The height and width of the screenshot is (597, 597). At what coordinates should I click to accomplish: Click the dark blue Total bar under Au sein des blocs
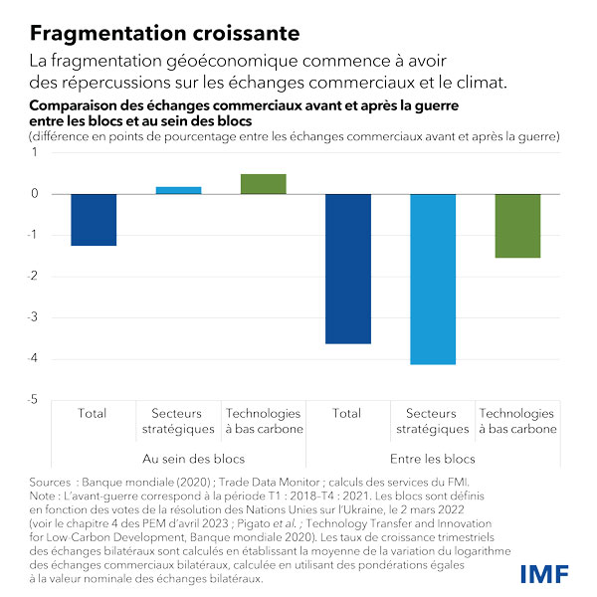pyautogui.click(x=95, y=220)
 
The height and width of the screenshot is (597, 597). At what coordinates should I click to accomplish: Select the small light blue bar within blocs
pyautogui.click(x=179, y=190)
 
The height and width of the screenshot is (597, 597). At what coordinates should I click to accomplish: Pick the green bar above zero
pyautogui.click(x=263, y=184)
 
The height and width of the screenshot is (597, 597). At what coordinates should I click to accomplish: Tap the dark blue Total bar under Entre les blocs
pyautogui.click(x=347, y=269)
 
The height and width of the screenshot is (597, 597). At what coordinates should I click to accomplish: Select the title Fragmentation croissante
pyautogui.click(x=165, y=33)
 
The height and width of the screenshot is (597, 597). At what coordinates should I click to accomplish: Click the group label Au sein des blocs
pyautogui.click(x=179, y=459)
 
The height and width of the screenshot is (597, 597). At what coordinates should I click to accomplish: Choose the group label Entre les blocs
pyautogui.click(x=432, y=459)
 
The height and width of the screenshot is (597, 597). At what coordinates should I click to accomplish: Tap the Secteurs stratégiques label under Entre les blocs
pyautogui.click(x=432, y=421)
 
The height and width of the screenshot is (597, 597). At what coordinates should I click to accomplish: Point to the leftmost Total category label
pyautogui.click(x=95, y=413)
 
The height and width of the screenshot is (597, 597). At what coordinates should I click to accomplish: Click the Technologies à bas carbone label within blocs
pyautogui.click(x=263, y=421)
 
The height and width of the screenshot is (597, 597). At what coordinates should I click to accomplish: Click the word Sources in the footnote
pyautogui.click(x=51, y=482)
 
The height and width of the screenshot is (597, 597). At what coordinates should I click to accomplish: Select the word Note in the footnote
pyautogui.click(x=46, y=495)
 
